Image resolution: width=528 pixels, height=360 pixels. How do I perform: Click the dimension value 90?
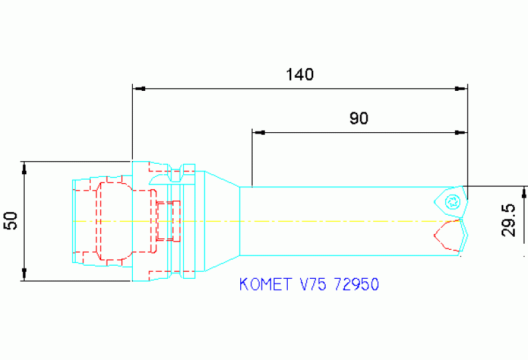tap(359, 118)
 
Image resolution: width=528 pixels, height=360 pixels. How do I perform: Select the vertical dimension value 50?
tap(10, 221)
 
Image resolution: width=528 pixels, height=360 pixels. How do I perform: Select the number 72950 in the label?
tap(355, 284)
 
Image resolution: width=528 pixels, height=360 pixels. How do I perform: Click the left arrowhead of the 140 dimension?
tap(138, 88)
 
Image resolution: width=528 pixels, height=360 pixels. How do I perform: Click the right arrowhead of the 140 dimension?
tap(462, 88)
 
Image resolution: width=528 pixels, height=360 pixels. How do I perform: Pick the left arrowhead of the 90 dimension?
tap(258, 131)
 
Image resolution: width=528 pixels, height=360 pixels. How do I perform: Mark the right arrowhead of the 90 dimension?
tap(462, 131)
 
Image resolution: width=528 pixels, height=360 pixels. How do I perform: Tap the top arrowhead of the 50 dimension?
tap(24, 167)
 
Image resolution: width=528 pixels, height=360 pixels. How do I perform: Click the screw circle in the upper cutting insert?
tap(452, 201)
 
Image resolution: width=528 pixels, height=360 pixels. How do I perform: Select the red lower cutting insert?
tap(447, 235)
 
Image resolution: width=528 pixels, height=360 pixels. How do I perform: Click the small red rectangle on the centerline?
tap(167, 221)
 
